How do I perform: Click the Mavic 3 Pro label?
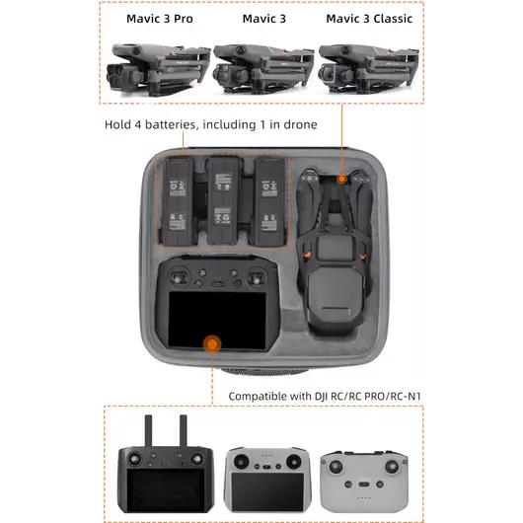[160, 18]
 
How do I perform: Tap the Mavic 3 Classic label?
[369, 18]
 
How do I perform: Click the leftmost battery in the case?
[179, 201]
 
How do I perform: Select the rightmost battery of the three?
[268, 201]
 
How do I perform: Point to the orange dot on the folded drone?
[341, 180]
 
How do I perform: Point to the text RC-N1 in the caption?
[413, 397]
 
